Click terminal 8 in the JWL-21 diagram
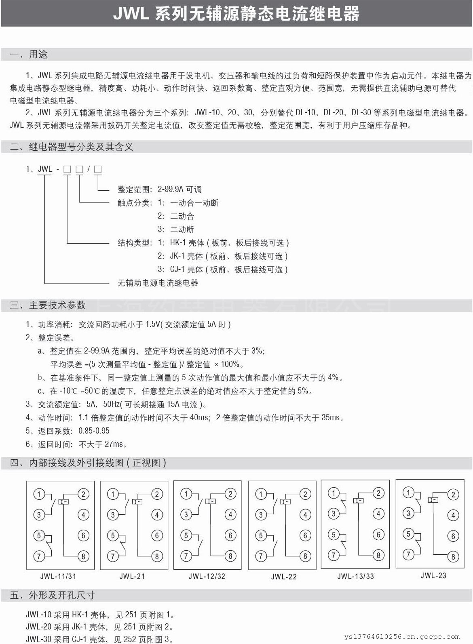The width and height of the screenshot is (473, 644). click(157, 556)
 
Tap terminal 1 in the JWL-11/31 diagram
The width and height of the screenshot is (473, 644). click(39, 494)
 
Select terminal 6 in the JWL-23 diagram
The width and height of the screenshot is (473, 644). click(453, 536)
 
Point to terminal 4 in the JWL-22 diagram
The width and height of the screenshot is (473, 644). click(305, 515)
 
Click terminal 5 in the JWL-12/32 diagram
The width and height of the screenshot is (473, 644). click(186, 535)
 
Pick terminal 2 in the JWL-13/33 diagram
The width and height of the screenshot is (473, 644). click(378, 492)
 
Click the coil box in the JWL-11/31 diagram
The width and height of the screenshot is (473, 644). click(63, 501)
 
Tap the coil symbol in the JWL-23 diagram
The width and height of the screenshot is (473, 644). click(433, 500)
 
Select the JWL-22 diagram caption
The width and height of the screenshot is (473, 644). click(284, 577)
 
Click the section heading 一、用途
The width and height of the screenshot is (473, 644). click(29, 55)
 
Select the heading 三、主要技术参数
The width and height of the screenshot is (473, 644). click(48, 305)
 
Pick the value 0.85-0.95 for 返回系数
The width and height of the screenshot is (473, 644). click(94, 431)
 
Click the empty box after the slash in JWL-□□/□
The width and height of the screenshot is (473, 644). click(98, 169)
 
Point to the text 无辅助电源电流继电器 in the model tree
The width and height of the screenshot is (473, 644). click(158, 283)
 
